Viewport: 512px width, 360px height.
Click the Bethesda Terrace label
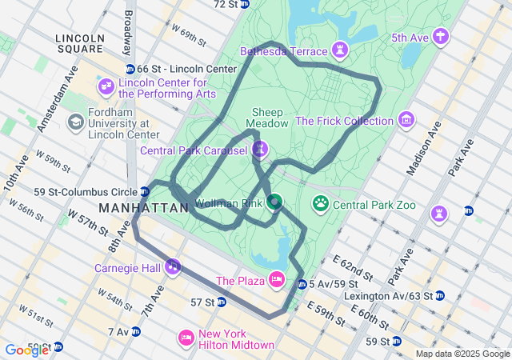coord(284,51)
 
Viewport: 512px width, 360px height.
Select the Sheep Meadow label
coord(267,118)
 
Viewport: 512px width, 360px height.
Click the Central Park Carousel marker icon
coord(261,150)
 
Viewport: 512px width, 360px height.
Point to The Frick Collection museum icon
coord(407,121)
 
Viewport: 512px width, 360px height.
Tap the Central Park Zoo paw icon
coord(321,204)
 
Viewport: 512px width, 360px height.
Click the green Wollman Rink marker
coord(274,202)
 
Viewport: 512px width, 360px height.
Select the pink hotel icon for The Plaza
coord(277,279)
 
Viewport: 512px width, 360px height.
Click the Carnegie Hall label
coord(127,267)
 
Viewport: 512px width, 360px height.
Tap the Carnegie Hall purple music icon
coord(172,266)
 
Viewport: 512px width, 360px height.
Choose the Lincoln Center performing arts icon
coord(106,86)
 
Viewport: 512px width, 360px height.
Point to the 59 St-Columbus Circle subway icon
coord(144,191)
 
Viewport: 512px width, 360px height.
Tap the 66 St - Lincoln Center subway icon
coord(130,69)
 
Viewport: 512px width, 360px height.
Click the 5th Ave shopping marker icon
coord(440,37)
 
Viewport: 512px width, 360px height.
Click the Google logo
coord(26,350)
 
